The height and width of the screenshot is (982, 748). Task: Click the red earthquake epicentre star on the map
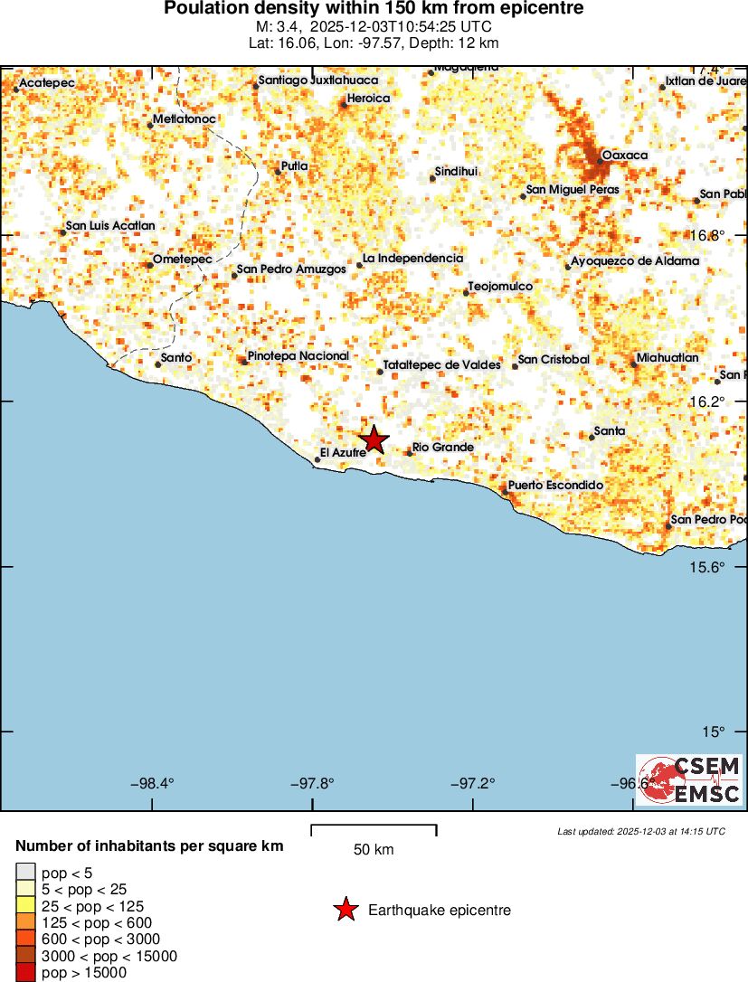pyautogui.click(x=374, y=439)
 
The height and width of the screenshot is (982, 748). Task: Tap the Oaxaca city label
pyautogui.click(x=625, y=156)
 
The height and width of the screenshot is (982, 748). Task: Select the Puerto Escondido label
pyautogui.click(x=555, y=486)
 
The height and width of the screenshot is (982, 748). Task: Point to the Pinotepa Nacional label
pyautogui.click(x=298, y=356)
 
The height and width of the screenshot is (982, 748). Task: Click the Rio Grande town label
pyautogui.click(x=443, y=448)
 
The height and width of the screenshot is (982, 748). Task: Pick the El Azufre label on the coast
pyautogui.click(x=344, y=452)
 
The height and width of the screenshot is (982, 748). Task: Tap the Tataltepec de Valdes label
pyautogui.click(x=442, y=364)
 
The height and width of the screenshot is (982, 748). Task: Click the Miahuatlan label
pyautogui.click(x=668, y=358)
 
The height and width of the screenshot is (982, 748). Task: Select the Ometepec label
pyautogui.click(x=182, y=260)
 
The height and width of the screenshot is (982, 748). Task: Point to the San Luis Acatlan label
pyautogui.click(x=110, y=226)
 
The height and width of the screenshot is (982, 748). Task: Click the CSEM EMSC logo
pyautogui.click(x=688, y=780)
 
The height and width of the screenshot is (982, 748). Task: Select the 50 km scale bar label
pyautogui.click(x=374, y=850)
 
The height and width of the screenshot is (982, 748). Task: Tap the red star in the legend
pyautogui.click(x=346, y=911)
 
